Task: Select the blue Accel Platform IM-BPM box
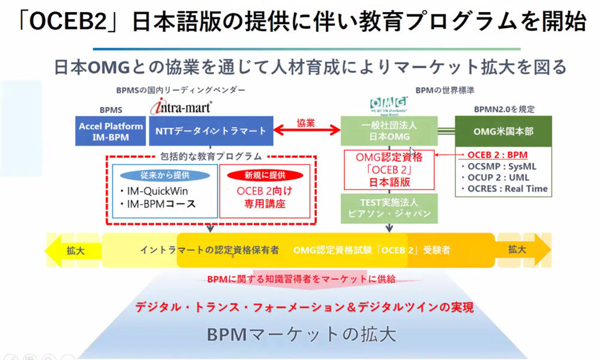111,131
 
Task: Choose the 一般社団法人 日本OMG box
388,131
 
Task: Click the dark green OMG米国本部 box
503,131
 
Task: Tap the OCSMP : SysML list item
502,166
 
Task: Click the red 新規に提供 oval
265,175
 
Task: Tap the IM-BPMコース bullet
162,204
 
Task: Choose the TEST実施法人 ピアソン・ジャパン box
388,208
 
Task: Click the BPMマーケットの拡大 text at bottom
301,334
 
